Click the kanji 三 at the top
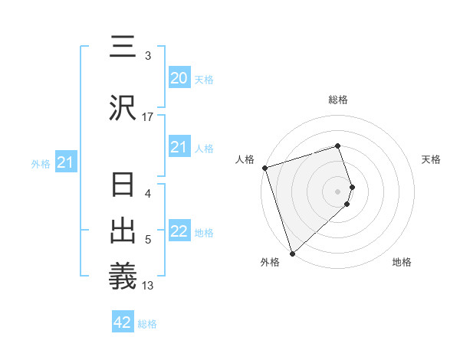(x=123, y=47)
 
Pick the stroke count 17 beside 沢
(x=148, y=117)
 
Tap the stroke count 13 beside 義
(x=148, y=286)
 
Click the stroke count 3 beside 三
(x=148, y=56)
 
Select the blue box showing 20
(x=179, y=78)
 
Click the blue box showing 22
(x=179, y=231)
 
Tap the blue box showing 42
(x=123, y=322)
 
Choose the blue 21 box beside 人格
(x=179, y=147)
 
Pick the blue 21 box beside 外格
(x=65, y=162)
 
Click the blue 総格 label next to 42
(x=147, y=324)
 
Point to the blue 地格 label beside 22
(x=204, y=233)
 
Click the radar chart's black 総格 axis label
(x=338, y=100)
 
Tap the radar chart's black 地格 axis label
(x=402, y=262)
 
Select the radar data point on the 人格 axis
(x=264, y=168)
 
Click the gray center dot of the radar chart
(x=338, y=191)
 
